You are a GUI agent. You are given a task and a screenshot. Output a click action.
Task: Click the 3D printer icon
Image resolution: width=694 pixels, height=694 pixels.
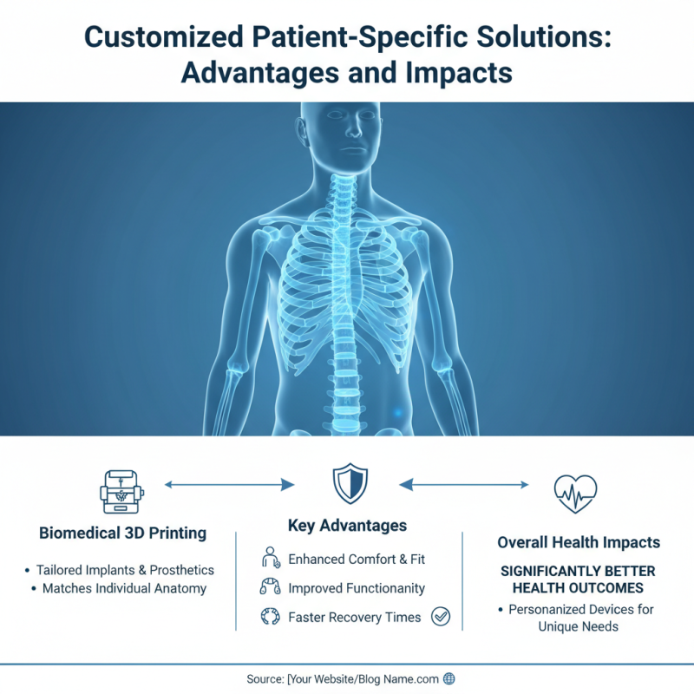[x=121, y=491]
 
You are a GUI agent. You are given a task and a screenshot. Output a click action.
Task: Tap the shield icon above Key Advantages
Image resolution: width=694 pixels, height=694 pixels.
[x=350, y=484]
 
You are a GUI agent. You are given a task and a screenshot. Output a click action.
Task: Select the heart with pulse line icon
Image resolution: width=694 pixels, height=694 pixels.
[x=575, y=493]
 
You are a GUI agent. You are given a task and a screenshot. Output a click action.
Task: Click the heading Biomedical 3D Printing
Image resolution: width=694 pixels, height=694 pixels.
[x=122, y=534]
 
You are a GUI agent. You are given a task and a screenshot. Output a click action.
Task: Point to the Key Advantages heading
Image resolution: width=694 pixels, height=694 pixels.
[x=347, y=526]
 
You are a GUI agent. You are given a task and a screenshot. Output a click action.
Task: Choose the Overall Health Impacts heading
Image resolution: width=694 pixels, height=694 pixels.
[x=579, y=542]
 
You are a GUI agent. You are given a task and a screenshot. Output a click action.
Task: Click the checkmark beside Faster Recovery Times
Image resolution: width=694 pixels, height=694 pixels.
[x=441, y=617]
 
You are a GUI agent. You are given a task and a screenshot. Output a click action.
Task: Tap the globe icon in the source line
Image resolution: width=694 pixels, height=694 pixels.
[x=448, y=678]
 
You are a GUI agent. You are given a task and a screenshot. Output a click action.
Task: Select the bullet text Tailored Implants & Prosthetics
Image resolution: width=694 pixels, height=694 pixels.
[x=125, y=570]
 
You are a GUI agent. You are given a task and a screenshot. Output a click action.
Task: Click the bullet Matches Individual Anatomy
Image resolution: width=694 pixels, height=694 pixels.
[x=125, y=588]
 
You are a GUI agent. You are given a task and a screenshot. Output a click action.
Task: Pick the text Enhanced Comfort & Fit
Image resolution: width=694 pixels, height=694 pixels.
[x=357, y=559]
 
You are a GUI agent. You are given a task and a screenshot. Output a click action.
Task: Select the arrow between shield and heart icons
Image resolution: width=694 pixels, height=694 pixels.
[x=463, y=484]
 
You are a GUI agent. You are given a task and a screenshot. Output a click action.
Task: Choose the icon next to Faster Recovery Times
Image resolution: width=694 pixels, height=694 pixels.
[x=269, y=618]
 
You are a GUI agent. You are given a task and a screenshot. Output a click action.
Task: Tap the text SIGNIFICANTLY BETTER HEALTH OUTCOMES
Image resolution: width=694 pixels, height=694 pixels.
[x=578, y=580]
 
